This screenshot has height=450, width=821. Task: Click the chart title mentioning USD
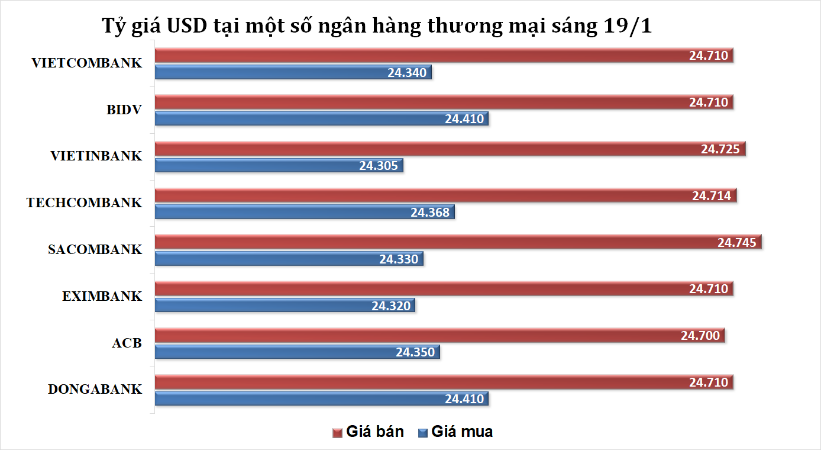tap(377, 27)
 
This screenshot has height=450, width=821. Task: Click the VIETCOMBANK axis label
tap(87, 63)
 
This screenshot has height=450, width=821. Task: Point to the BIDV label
tap(124, 110)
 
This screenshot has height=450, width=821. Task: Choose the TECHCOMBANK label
tap(84, 202)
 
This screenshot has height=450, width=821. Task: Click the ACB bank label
tap(127, 342)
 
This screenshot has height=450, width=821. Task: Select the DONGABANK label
tap(95, 389)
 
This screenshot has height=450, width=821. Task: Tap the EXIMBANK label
tap(102, 296)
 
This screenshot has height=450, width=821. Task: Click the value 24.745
tap(736, 242)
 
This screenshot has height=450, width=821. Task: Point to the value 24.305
tap(378, 166)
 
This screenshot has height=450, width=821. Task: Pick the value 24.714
tap(712, 196)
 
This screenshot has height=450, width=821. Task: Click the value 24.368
tap(430, 212)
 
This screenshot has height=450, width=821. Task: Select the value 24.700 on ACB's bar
tap(700, 336)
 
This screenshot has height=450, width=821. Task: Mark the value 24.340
tap(407, 72)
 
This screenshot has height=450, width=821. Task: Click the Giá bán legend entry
tap(368, 432)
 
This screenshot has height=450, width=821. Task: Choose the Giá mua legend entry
tap(455, 432)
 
